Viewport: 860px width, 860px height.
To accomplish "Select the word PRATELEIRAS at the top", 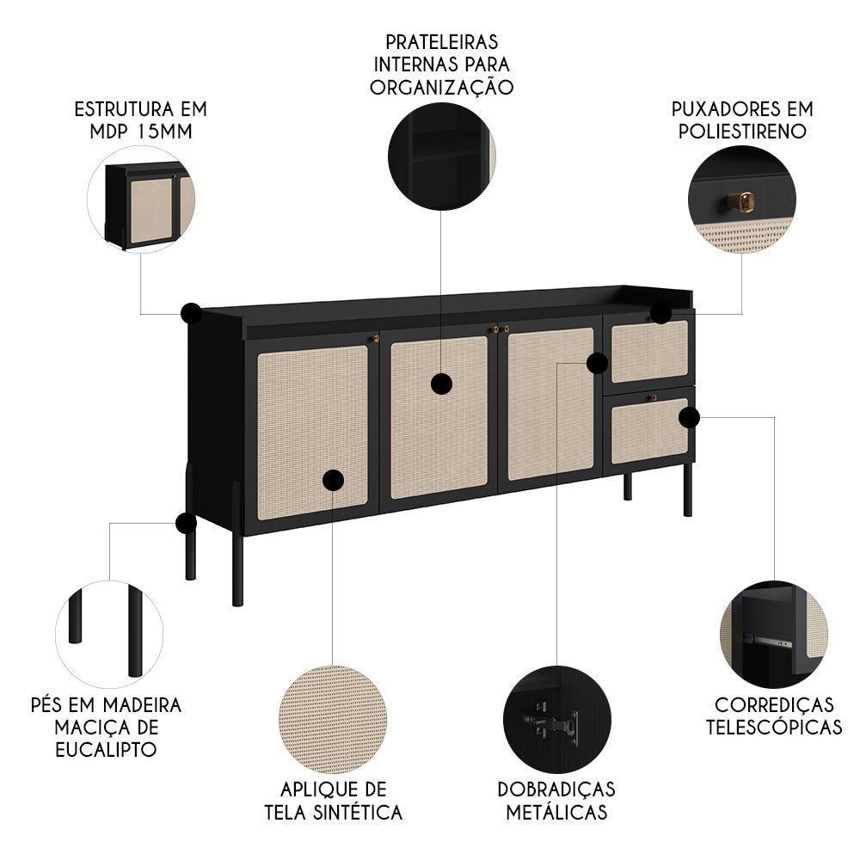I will coord(441,41).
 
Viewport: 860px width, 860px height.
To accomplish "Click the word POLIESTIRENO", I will coord(742,132).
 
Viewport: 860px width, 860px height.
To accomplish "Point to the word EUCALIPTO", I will coord(105,749).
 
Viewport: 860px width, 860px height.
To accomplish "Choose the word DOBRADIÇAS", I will coord(556,789).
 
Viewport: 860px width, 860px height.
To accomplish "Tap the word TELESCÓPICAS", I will coord(774,727).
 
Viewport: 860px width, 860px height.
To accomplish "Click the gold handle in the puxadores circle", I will coord(740,202).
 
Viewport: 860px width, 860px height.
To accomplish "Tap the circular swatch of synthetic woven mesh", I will coord(333,718).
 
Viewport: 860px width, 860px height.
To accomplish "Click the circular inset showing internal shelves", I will coord(441,157).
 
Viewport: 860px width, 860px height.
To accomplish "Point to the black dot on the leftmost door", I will coord(333,480).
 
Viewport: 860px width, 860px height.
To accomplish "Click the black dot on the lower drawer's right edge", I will coord(688,418).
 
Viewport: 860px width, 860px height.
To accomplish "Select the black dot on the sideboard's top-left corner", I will coord(191,314).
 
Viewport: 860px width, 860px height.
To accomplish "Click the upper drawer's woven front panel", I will coord(649,351).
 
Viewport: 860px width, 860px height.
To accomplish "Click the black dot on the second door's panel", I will coord(441,384).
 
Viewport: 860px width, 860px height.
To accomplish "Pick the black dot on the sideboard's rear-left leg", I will coord(187,523).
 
